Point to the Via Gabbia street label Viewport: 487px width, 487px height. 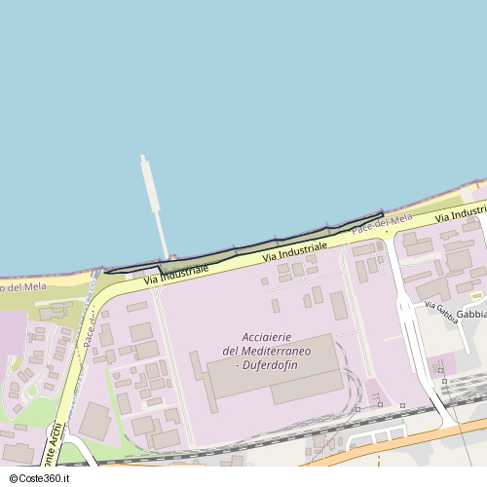pos(440,310)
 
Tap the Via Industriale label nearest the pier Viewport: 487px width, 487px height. pos(175,274)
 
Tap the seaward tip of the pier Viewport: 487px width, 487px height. pos(144,159)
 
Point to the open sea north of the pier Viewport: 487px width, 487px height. pos(195,78)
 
